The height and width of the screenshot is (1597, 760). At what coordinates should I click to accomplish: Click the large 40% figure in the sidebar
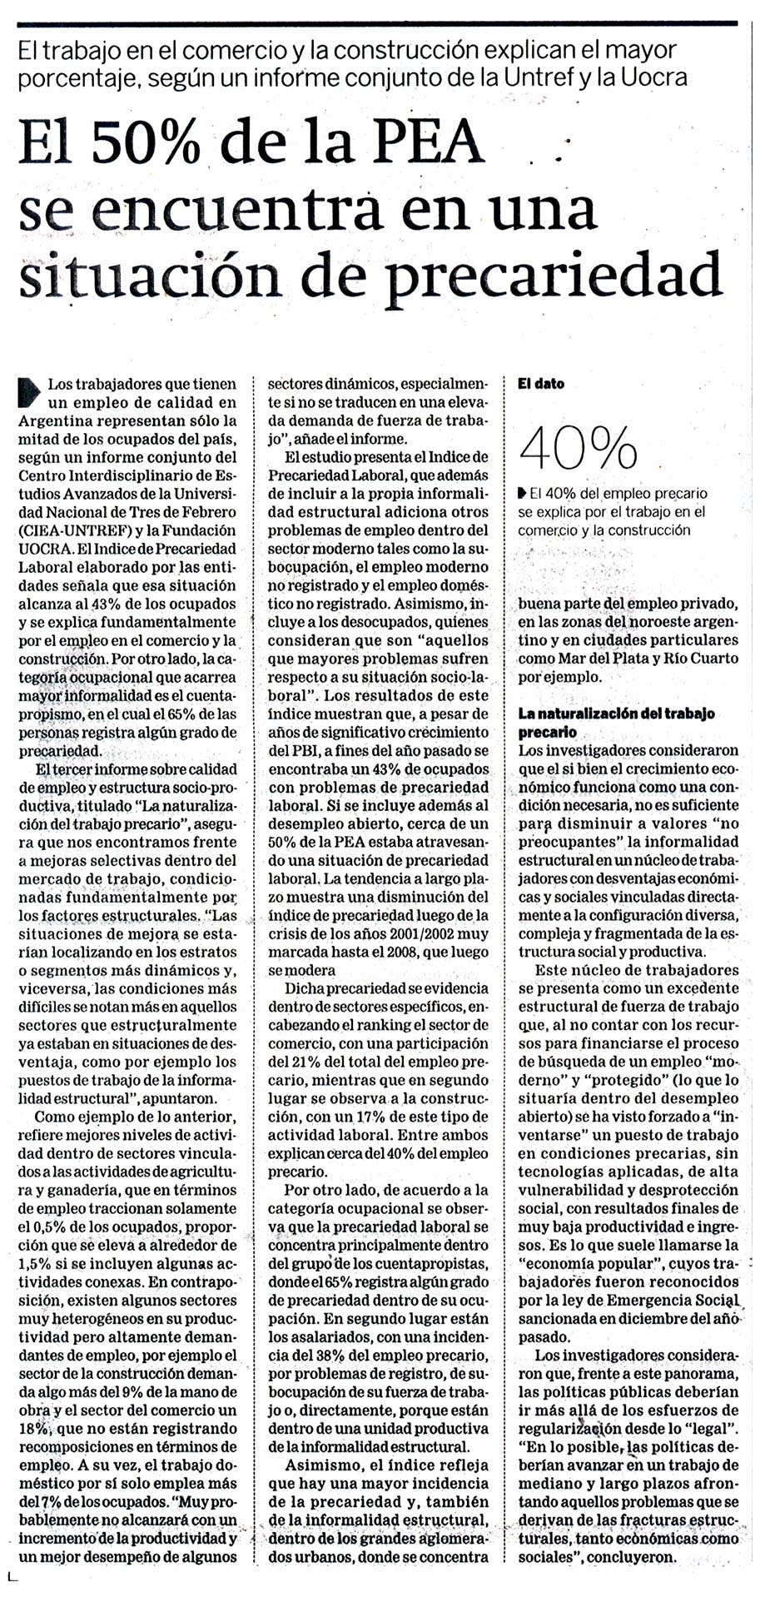click(x=578, y=449)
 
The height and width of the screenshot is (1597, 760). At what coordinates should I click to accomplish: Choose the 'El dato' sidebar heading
click(x=541, y=384)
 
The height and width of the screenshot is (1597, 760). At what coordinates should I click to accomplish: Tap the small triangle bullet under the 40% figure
click(x=522, y=492)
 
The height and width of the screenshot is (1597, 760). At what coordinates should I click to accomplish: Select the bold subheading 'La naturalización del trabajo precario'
click(x=616, y=723)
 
